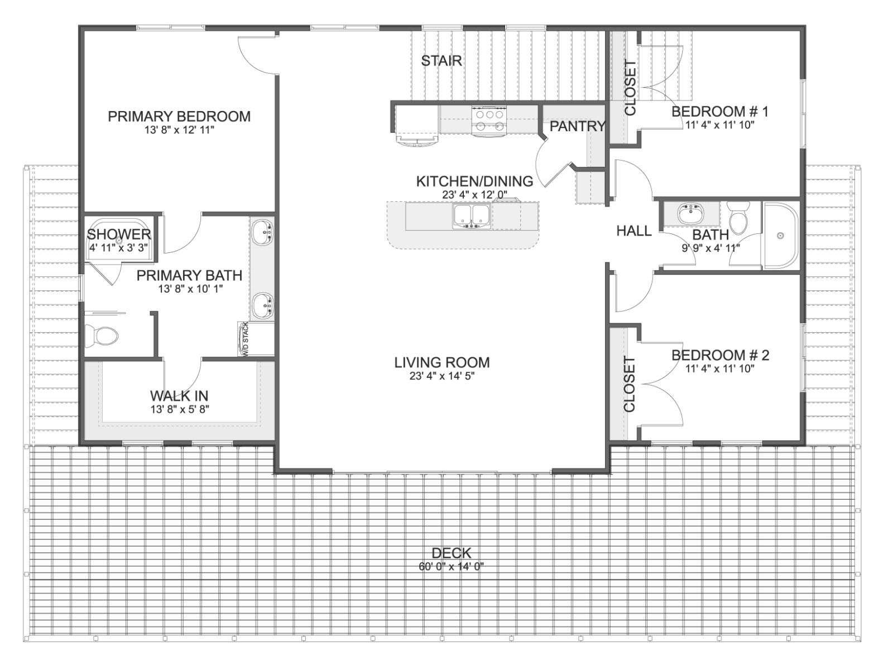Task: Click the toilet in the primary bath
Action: click(x=102, y=336)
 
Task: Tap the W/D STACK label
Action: click(x=246, y=339)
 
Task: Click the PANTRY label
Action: click(x=577, y=127)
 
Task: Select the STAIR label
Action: click(x=441, y=61)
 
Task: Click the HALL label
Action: click(x=634, y=231)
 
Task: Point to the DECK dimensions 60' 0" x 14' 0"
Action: click(x=451, y=566)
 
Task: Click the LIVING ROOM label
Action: click(x=442, y=362)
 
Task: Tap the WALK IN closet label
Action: click(x=179, y=395)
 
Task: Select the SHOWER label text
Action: click(x=119, y=234)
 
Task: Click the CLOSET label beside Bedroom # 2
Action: click(x=629, y=385)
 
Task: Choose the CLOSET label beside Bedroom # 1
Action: click(x=630, y=88)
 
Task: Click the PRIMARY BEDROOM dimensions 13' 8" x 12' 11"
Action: click(x=179, y=130)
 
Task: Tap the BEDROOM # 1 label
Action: click(x=719, y=111)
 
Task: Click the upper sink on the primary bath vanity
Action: click(x=262, y=232)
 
